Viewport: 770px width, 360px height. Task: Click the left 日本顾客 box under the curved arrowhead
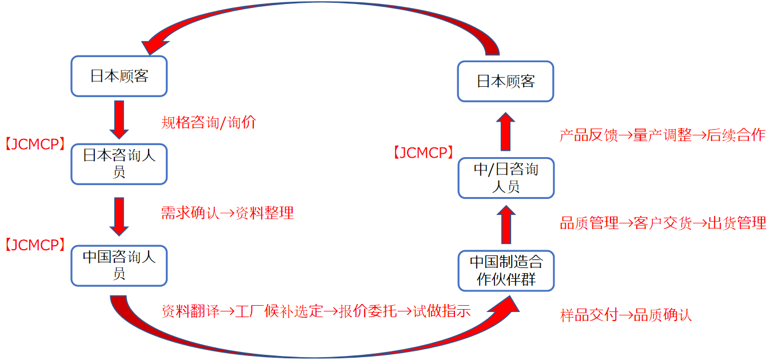[x=119, y=76]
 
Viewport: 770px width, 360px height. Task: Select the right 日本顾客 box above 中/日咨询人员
[x=506, y=81]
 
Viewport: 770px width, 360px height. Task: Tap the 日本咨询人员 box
[x=119, y=164]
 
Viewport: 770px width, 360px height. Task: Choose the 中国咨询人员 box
[x=119, y=265]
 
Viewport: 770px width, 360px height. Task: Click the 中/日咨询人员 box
[x=506, y=178]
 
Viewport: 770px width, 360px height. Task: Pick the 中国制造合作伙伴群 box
[x=506, y=270]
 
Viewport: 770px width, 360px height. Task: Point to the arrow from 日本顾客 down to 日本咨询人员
[x=119, y=119]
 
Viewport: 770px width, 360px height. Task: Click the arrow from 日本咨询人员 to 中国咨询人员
[x=119, y=216]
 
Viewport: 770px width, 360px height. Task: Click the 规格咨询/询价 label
[x=209, y=122]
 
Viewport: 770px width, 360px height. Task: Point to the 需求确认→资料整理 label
[x=227, y=213]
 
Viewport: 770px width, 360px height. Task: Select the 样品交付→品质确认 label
[x=626, y=315]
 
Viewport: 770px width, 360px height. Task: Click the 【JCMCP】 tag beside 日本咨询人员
[x=35, y=145]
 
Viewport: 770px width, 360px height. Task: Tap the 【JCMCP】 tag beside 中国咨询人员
[x=35, y=245]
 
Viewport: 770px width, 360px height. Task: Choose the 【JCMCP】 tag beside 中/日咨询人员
[x=424, y=153]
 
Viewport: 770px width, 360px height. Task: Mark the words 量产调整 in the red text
[x=663, y=135]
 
